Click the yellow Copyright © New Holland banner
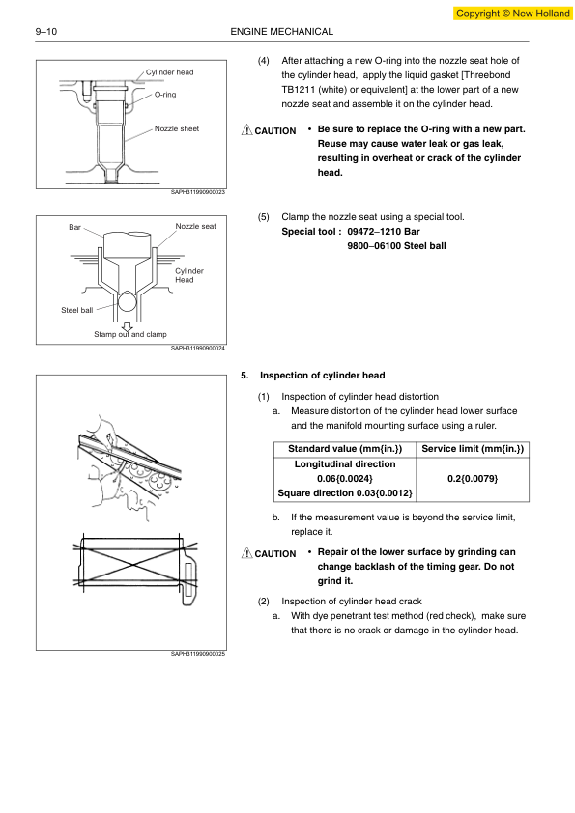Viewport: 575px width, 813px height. click(513, 14)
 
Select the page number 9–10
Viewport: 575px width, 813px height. click(46, 32)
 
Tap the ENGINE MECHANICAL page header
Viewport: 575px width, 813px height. click(282, 32)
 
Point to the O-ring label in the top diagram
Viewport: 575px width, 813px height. click(165, 95)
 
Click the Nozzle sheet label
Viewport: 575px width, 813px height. click(177, 128)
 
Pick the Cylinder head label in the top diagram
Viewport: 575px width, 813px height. click(169, 72)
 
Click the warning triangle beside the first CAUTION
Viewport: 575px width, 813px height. click(247, 129)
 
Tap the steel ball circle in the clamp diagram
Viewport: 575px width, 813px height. click(129, 300)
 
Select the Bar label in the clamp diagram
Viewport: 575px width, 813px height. click(74, 227)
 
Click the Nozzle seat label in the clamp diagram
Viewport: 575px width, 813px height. click(195, 226)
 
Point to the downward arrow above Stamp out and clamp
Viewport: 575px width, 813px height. click(128, 326)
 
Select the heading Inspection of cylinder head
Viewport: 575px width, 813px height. click(322, 376)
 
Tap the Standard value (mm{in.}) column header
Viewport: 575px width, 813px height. click(345, 449)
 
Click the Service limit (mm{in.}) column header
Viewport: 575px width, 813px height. click(473, 449)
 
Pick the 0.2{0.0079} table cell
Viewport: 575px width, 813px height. click(473, 479)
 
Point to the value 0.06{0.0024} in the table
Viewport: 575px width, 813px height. click(345, 479)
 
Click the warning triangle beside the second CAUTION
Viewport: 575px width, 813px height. click(247, 552)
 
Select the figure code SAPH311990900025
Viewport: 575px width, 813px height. click(198, 654)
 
